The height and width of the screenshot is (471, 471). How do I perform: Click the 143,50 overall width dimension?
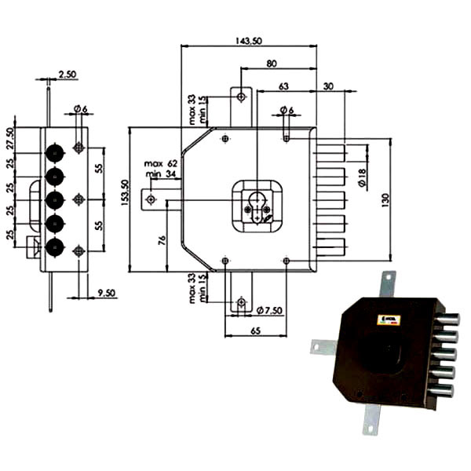(249, 41)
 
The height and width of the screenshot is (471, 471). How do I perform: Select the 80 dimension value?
(271, 64)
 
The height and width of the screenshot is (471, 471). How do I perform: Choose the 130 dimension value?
(385, 200)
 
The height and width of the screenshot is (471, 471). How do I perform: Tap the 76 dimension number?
(162, 239)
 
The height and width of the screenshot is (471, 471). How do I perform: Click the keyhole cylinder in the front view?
(257, 203)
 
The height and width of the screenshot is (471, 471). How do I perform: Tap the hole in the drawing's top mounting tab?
(241, 97)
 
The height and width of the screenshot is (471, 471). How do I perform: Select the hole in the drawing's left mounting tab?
(150, 199)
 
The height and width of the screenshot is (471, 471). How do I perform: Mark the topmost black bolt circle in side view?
(55, 151)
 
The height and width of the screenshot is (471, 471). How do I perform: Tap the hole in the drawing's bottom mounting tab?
(241, 303)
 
